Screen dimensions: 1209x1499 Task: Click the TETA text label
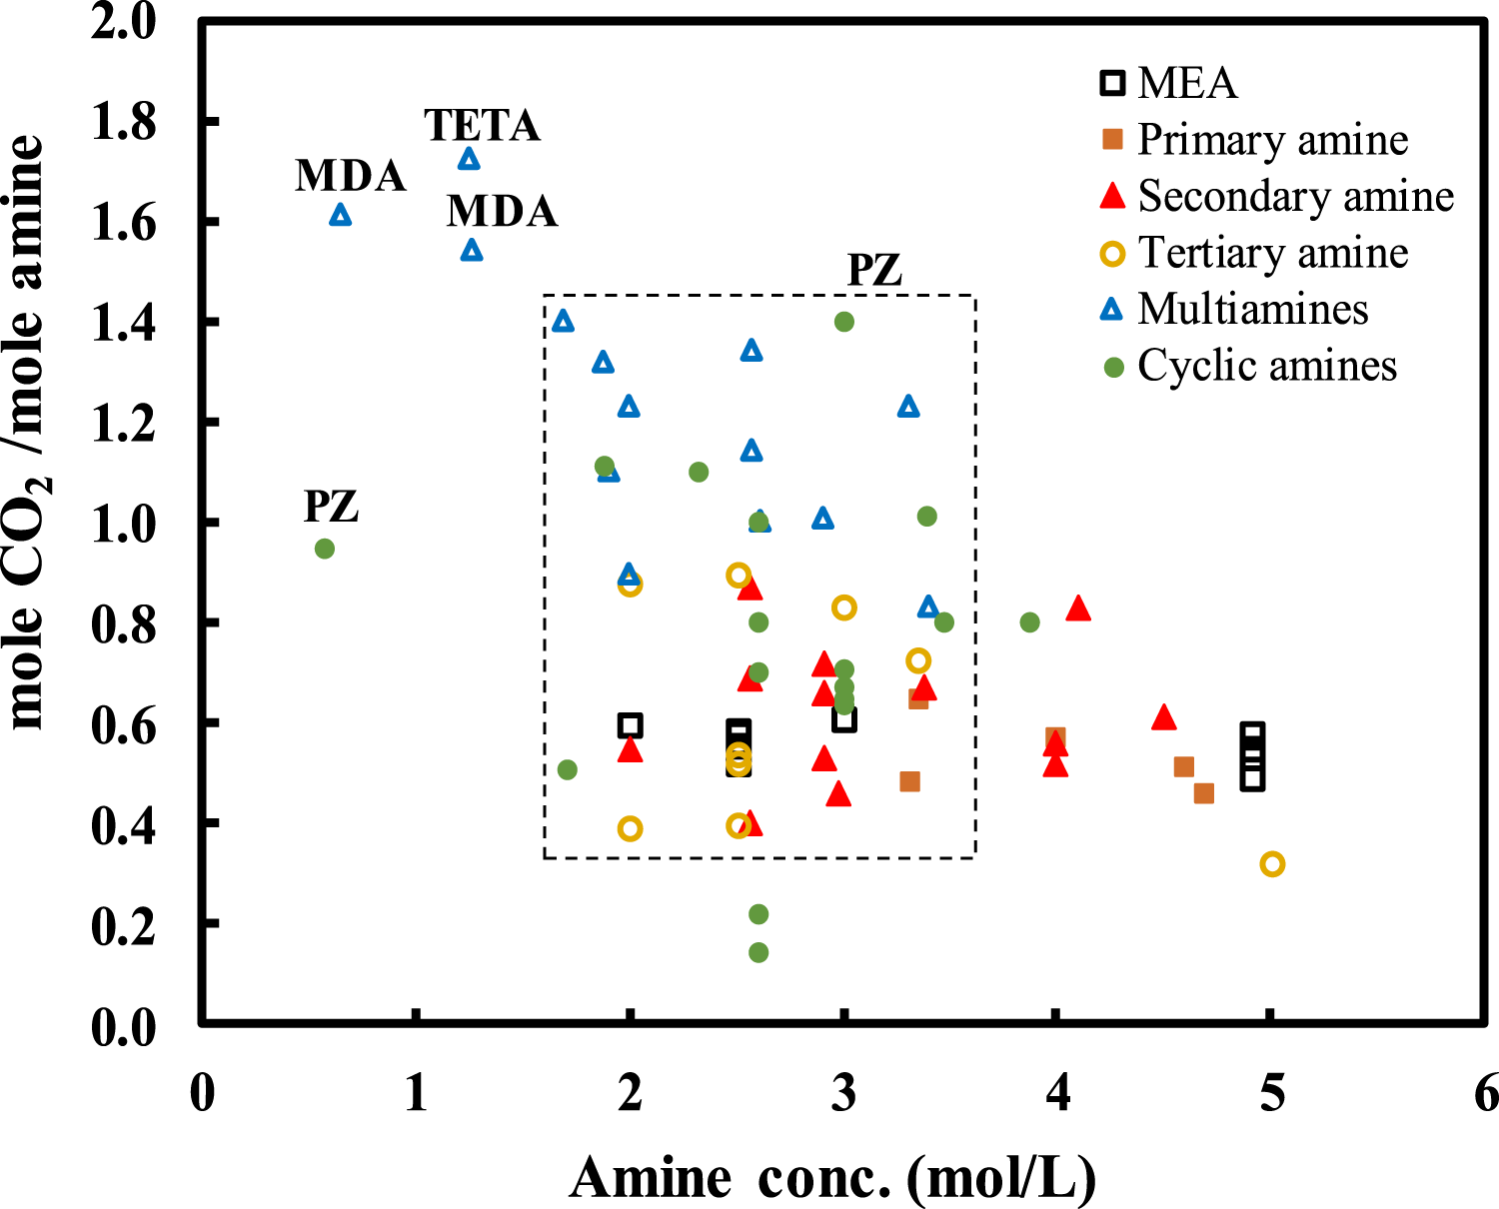pyautogui.click(x=482, y=126)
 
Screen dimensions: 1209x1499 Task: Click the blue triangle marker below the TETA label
pyautogui.click(x=469, y=160)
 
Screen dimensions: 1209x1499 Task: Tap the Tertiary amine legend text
pyautogui.click(x=1272, y=253)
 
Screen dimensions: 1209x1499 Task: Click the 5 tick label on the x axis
pyautogui.click(x=1270, y=1093)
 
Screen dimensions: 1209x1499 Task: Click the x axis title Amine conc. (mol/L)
pyautogui.click(x=832, y=1177)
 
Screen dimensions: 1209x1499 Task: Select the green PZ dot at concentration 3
pyautogui.click(x=844, y=322)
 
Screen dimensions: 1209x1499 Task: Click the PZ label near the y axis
pyautogui.click(x=331, y=507)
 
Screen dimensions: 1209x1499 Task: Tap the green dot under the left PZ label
pyautogui.click(x=325, y=549)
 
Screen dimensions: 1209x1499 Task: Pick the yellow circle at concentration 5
pyautogui.click(x=1272, y=864)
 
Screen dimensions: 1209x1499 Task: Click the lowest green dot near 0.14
pyautogui.click(x=758, y=952)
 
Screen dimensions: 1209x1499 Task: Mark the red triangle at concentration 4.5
pyautogui.click(x=1163, y=718)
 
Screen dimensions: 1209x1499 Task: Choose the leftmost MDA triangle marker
pyautogui.click(x=341, y=215)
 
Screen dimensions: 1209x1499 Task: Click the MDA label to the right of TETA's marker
pyautogui.click(x=502, y=212)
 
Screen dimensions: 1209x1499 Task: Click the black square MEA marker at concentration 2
pyautogui.click(x=630, y=726)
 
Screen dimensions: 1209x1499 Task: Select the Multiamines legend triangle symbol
pyautogui.click(x=1111, y=309)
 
